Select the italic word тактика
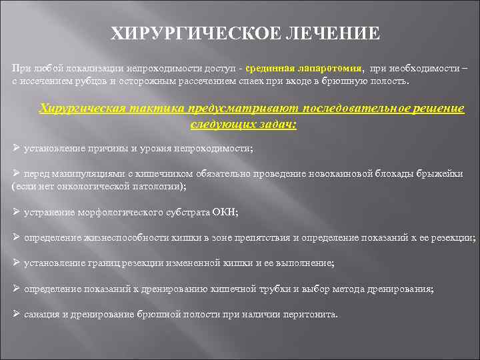click(x=159, y=109)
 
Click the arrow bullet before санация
click(x=17, y=314)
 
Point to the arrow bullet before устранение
click(x=17, y=212)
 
